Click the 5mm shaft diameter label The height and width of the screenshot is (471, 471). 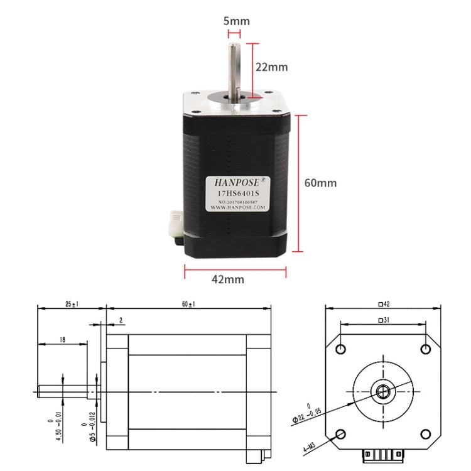point(236,21)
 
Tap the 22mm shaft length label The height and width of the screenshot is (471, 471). point(271,67)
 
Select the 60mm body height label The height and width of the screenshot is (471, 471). point(320,183)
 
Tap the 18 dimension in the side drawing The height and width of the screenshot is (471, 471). point(62,339)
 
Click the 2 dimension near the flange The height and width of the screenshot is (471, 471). point(121,320)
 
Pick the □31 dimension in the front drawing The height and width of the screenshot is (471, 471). point(384,320)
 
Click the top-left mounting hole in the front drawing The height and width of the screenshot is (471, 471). point(342,349)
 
